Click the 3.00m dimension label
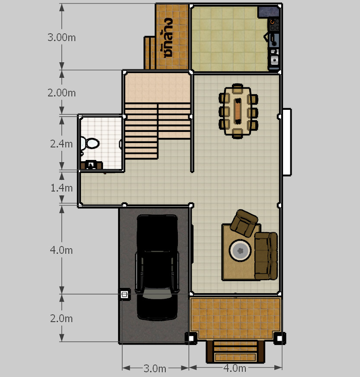pyautogui.click(x=61, y=38)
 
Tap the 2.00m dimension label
pyautogui.click(x=61, y=93)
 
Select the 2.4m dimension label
pyautogui.click(x=61, y=144)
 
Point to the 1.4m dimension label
pyautogui.click(x=61, y=188)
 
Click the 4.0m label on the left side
pyautogui.click(x=61, y=250)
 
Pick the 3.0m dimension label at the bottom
pyautogui.click(x=155, y=368)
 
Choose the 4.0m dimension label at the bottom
pyautogui.click(x=235, y=368)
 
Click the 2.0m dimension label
pyautogui.click(x=61, y=319)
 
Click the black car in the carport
pyautogui.click(x=157, y=267)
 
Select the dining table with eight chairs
pyautogui.click(x=238, y=111)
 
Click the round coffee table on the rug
pyautogui.click(x=240, y=250)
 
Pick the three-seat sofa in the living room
pyautogui.click(x=266, y=256)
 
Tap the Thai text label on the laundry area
pyautogui.click(x=168, y=38)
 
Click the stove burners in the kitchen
pyautogui.click(x=274, y=25)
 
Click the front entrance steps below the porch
pyautogui.click(x=235, y=351)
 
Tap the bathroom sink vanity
pyautogui.click(x=91, y=165)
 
